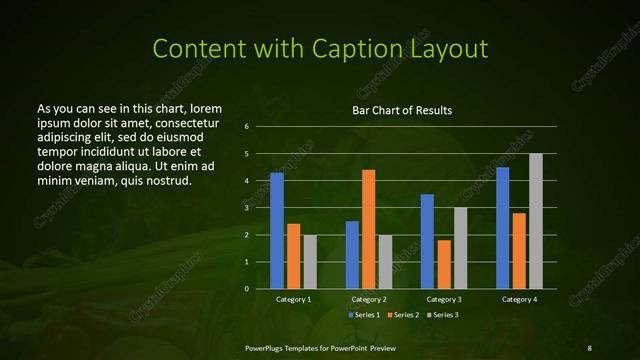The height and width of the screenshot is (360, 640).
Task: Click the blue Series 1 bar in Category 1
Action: click(x=277, y=231)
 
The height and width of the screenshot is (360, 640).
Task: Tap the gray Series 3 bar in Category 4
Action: click(x=536, y=221)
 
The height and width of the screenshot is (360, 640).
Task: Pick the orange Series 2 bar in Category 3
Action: click(x=444, y=264)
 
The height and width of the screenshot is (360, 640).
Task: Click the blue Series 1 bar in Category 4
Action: click(x=502, y=228)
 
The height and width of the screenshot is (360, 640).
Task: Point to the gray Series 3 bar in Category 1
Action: click(x=310, y=262)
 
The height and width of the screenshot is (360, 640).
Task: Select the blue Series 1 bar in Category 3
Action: click(x=427, y=241)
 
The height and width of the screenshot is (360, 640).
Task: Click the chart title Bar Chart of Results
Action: click(x=402, y=110)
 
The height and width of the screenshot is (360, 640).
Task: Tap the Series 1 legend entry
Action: click(x=364, y=315)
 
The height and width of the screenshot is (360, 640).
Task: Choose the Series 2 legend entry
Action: click(x=403, y=315)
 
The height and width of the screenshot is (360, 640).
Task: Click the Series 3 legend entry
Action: click(x=442, y=315)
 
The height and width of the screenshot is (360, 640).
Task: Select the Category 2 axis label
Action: click(x=369, y=299)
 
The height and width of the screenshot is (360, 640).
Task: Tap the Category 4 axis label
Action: click(x=519, y=299)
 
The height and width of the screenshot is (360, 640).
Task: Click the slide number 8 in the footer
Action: click(x=589, y=347)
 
